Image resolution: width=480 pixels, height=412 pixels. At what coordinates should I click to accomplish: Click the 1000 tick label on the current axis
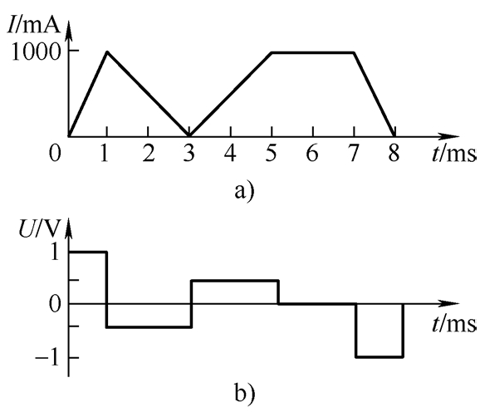35,51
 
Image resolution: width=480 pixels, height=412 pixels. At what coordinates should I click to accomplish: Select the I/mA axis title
34,26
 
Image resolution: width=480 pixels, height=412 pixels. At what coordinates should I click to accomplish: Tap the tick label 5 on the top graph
271,153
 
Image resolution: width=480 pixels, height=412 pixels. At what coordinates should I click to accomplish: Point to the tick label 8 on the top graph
394,153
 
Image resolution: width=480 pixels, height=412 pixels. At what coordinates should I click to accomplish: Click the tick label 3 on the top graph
189,153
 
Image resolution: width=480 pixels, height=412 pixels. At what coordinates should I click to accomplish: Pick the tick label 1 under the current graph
105,153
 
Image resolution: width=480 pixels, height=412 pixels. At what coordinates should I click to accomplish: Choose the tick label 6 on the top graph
312,153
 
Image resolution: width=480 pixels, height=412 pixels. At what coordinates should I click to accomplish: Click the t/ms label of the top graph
454,154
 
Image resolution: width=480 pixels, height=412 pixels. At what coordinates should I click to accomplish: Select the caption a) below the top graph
244,192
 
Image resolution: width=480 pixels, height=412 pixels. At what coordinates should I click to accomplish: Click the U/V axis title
38,228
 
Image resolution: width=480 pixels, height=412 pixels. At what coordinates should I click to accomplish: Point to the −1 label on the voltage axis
47,357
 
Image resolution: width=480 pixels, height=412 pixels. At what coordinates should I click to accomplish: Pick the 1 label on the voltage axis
55,253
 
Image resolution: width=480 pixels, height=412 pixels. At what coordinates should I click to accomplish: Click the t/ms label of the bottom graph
454,324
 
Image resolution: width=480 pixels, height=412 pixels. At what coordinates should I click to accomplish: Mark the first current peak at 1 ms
107,51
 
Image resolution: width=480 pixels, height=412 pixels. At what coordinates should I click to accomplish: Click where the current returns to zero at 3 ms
189,135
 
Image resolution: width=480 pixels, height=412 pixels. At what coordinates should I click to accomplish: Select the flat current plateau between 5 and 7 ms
313,53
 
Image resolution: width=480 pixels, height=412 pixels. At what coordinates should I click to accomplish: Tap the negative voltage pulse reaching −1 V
380,357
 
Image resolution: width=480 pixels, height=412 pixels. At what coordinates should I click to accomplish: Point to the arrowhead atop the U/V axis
68,228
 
